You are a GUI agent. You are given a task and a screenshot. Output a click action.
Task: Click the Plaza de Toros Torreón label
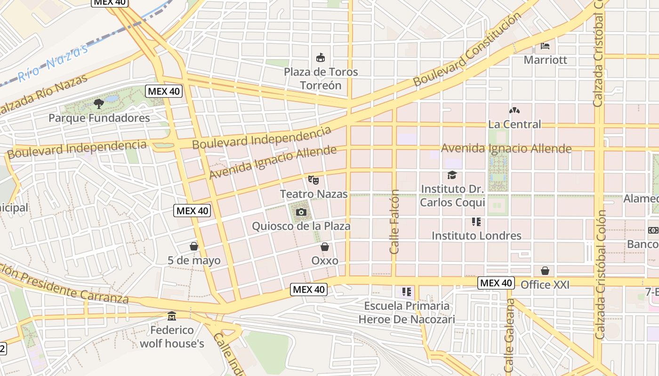tap(321, 78)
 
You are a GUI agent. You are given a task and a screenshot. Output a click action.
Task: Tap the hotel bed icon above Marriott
tap(545, 46)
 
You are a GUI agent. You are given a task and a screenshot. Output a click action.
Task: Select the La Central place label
tap(514, 125)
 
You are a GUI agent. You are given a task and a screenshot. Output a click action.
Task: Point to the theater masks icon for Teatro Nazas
tap(313, 180)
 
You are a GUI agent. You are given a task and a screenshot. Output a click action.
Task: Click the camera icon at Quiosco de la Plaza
tap(301, 212)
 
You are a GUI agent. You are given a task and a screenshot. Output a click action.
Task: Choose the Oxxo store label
tap(325, 260)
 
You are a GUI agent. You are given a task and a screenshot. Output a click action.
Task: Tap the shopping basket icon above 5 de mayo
tap(193, 246)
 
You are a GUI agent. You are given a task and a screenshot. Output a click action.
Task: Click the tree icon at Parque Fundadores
tap(99, 103)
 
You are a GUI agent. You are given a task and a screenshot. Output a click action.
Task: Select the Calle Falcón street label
tap(394, 221)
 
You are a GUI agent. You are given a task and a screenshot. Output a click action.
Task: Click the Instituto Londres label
tap(476, 235)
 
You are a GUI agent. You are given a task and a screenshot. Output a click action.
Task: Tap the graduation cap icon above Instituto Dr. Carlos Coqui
tap(452, 175)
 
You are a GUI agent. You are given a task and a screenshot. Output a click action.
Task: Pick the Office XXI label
tap(545, 285)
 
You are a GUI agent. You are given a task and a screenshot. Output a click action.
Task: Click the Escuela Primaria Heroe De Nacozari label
tap(407, 313)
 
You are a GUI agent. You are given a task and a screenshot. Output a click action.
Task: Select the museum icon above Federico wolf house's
tap(172, 316)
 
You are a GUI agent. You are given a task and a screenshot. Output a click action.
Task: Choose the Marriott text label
tap(545, 60)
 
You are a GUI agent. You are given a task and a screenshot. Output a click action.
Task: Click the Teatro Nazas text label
tap(313, 194)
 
